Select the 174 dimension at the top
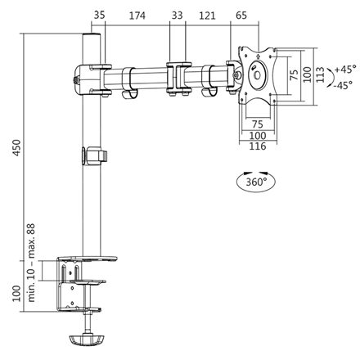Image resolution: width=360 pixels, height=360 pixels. (x=137, y=16)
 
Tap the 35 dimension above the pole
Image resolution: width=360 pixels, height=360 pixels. (x=100, y=16)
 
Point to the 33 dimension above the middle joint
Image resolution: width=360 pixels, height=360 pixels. (x=178, y=16)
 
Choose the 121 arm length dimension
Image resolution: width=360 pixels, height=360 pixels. (x=207, y=16)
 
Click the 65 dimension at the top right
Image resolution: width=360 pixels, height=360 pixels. (x=241, y=16)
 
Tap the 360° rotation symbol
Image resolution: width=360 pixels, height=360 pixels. (x=254, y=182)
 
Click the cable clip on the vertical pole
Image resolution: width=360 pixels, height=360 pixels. (x=94, y=155)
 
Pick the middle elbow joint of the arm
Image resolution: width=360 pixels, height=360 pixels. (x=177, y=79)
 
